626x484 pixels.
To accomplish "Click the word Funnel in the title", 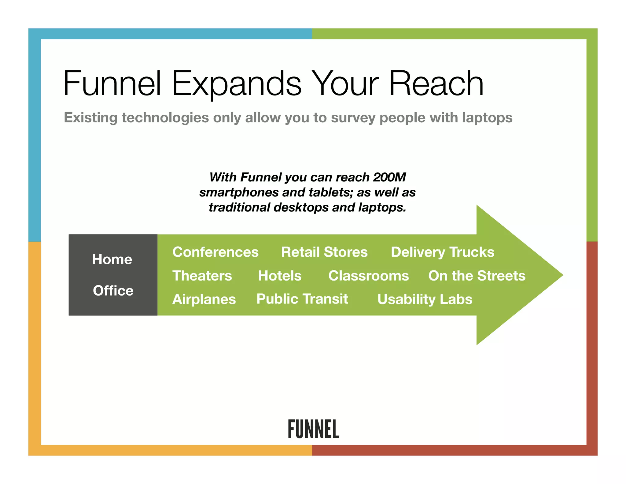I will pos(112,83).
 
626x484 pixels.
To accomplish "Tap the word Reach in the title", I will pos(436,83).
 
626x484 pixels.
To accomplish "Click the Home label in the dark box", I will pos(112,259).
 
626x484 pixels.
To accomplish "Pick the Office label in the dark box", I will pos(113,291).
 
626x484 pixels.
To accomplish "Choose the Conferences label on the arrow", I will pos(215,252).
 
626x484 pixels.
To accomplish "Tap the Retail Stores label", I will pos(324,252).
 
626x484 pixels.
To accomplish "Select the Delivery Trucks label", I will pos(442,252).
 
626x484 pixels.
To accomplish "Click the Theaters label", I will pos(202,276).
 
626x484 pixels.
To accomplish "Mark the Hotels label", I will pos(280,276).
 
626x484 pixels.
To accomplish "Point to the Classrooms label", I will pos(368,276).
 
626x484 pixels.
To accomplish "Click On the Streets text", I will pos(477,276).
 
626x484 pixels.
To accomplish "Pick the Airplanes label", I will pos(204,299).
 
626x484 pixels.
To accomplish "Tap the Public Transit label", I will pos(302,299).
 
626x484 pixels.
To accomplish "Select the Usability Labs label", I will pos(425,299).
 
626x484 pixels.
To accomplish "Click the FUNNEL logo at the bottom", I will pos(313,429).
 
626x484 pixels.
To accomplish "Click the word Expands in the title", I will pos(237,83).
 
